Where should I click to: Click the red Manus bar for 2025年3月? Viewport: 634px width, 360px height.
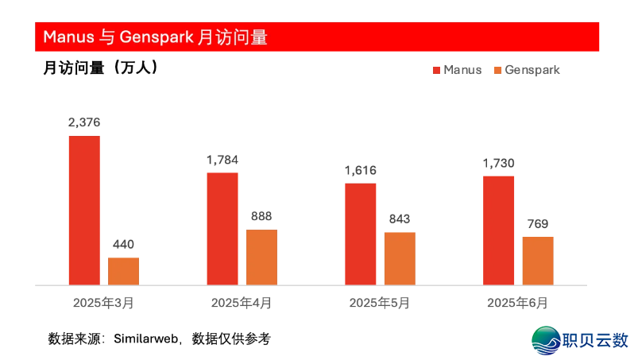tap(84, 210)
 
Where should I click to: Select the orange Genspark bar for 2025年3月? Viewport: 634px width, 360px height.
tap(123, 271)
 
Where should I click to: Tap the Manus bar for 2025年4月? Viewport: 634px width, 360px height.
tap(222, 228)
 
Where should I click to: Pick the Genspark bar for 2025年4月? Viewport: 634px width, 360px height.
tap(261, 257)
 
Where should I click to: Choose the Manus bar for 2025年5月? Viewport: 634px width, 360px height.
tap(360, 234)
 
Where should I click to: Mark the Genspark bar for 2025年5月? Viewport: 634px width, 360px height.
tap(400, 258)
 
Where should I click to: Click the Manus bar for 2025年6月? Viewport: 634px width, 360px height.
tap(498, 230)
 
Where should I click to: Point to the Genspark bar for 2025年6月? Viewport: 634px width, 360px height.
tap(538, 261)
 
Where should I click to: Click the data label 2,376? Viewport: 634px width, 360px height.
tap(84, 122)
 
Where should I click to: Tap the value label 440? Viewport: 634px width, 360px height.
tap(123, 245)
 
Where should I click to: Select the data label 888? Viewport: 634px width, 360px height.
tap(261, 216)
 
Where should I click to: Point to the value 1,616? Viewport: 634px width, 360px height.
tap(360, 170)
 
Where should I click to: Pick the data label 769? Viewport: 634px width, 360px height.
tap(538, 223)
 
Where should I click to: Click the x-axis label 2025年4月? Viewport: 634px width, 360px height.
tap(242, 303)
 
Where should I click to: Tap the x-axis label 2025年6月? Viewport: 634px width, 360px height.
tap(517, 303)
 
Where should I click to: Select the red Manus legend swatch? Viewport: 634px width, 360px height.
tap(436, 70)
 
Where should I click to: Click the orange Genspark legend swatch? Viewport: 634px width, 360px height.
tap(498, 70)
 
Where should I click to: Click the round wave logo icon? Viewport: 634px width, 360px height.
tap(547, 339)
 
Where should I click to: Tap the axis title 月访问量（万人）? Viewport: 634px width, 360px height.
tap(100, 69)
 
